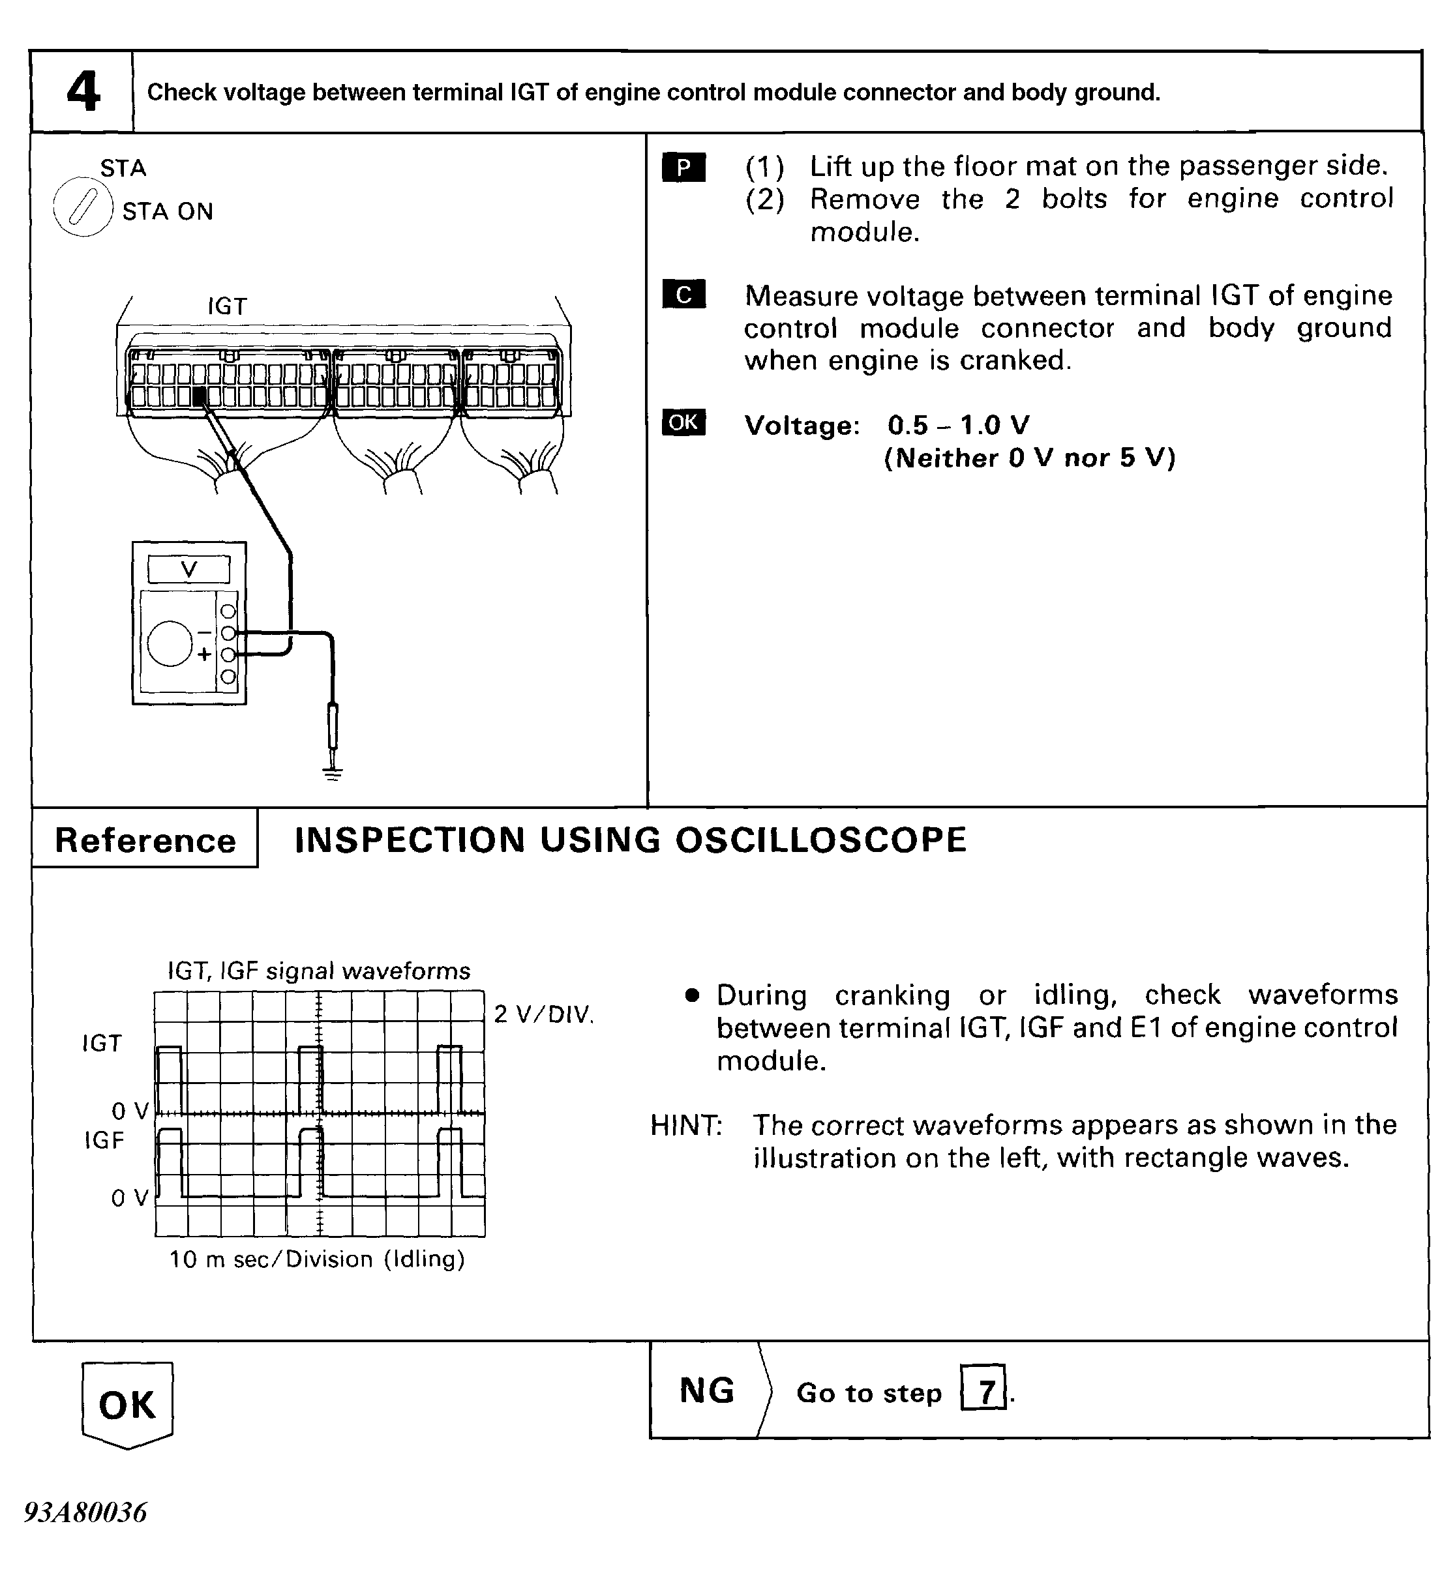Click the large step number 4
point(83,93)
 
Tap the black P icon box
point(683,168)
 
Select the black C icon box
point(683,295)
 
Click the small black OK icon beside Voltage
point(683,422)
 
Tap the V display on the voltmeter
point(189,569)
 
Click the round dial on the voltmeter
point(170,643)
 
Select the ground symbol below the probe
point(333,774)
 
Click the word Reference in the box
point(145,841)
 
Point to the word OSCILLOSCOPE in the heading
point(821,840)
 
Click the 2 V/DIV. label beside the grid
point(543,1014)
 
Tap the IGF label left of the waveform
point(104,1141)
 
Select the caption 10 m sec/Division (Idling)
point(318,1259)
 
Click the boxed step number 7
point(983,1392)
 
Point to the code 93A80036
point(85,1512)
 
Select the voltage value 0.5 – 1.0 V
point(958,426)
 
